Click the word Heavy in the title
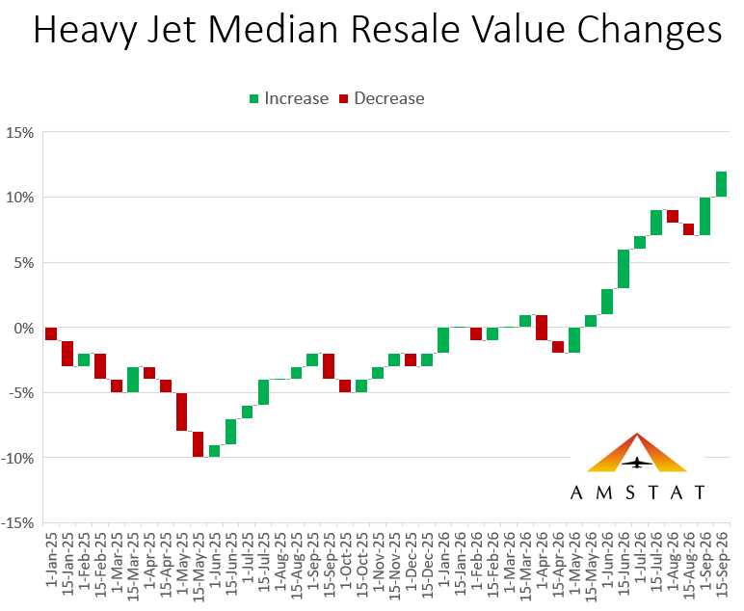86,30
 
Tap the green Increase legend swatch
253,98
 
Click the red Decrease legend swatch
343,98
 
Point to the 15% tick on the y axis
20,133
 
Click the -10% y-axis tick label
17,459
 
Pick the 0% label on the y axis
24,329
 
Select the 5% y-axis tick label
24,263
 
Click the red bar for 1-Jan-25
51,334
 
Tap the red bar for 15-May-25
199,444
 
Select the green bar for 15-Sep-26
721,184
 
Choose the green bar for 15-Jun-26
624,269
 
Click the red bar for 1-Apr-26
542,328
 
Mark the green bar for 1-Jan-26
443,340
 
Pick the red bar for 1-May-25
182,412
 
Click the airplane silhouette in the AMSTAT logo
636,463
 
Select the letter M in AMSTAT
604,492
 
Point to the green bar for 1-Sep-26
705,216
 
